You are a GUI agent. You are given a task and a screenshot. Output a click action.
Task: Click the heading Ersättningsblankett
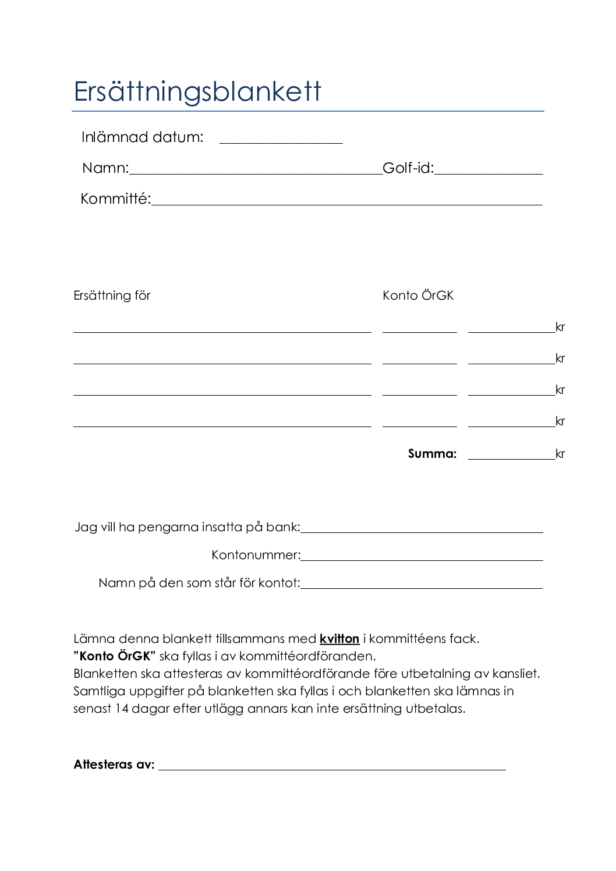click(x=197, y=92)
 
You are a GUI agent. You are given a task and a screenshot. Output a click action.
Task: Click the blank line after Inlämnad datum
click(x=281, y=140)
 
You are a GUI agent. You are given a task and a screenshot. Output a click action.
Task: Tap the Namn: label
click(x=105, y=168)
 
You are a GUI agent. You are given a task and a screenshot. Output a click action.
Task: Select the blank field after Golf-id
click(x=488, y=171)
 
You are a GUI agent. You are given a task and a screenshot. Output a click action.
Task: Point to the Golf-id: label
click(x=408, y=168)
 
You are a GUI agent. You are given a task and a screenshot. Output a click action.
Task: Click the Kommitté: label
click(x=115, y=199)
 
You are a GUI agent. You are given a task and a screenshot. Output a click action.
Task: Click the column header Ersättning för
click(x=112, y=296)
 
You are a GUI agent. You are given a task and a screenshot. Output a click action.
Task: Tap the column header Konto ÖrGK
click(x=418, y=296)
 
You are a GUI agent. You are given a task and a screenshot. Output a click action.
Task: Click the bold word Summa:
click(x=432, y=454)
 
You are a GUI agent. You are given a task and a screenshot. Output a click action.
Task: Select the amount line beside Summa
click(x=511, y=457)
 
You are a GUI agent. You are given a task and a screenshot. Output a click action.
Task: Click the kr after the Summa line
click(x=560, y=454)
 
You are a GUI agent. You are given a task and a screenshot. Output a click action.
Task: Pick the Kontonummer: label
click(x=256, y=555)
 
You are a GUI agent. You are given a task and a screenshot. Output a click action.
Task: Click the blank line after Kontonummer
click(x=422, y=558)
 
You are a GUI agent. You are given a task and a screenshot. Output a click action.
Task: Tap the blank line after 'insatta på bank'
click(x=422, y=530)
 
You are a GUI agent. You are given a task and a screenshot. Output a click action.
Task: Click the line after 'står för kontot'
click(x=422, y=586)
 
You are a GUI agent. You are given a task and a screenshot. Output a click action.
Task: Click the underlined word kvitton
click(x=339, y=639)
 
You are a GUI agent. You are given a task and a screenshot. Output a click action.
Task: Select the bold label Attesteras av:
click(x=114, y=765)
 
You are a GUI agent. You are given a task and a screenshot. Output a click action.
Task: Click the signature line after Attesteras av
click(x=332, y=767)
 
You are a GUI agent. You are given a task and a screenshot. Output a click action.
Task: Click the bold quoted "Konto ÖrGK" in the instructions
click(x=115, y=656)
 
